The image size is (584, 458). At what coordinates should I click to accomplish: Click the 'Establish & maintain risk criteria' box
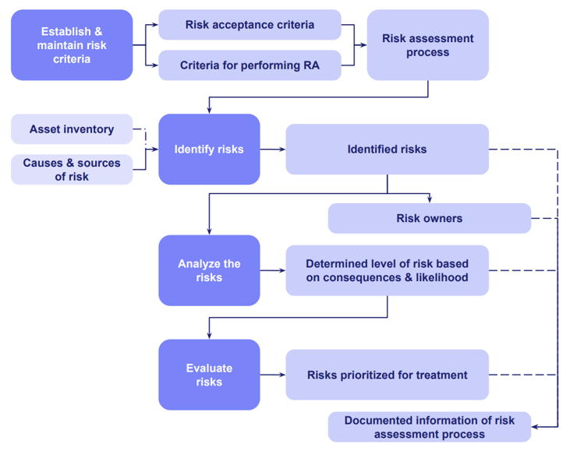pyautogui.click(x=72, y=45)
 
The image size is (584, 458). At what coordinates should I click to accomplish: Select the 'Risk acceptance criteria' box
pyautogui.click(x=250, y=25)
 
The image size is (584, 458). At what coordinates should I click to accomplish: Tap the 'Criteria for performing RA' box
pyautogui.click(x=250, y=65)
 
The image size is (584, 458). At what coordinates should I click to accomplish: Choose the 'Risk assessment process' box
pyautogui.click(x=427, y=45)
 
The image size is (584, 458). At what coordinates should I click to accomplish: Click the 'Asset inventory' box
pyautogui.click(x=72, y=129)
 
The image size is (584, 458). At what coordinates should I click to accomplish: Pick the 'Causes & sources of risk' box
pyautogui.click(x=72, y=170)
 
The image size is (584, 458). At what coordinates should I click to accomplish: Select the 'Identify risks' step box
pyautogui.click(x=209, y=150)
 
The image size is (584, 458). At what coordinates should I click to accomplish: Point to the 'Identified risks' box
pyautogui.click(x=387, y=150)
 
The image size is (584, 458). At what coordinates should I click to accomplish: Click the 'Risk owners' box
pyautogui.click(x=429, y=219)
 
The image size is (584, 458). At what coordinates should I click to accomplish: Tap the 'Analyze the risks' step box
pyautogui.click(x=209, y=270)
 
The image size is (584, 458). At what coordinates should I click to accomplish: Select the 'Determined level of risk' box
pyautogui.click(x=387, y=270)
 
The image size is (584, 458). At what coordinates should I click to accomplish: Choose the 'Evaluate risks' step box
pyautogui.click(x=209, y=375)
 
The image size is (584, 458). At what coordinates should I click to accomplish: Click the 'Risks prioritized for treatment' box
pyautogui.click(x=387, y=375)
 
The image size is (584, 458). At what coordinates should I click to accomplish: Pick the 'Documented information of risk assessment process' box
pyautogui.click(x=429, y=427)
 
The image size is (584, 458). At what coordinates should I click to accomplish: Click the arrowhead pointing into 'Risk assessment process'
pyautogui.click(x=363, y=45)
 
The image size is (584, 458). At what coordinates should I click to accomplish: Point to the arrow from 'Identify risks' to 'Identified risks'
pyautogui.click(x=272, y=150)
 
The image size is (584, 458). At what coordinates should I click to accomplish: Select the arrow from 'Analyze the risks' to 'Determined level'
pyautogui.click(x=272, y=270)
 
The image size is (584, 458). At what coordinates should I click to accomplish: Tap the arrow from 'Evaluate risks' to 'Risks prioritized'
pyautogui.click(x=272, y=375)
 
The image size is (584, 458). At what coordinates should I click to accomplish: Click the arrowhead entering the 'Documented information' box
pyautogui.click(x=535, y=426)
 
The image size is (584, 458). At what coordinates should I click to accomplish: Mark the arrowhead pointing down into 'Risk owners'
pyautogui.click(x=430, y=200)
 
